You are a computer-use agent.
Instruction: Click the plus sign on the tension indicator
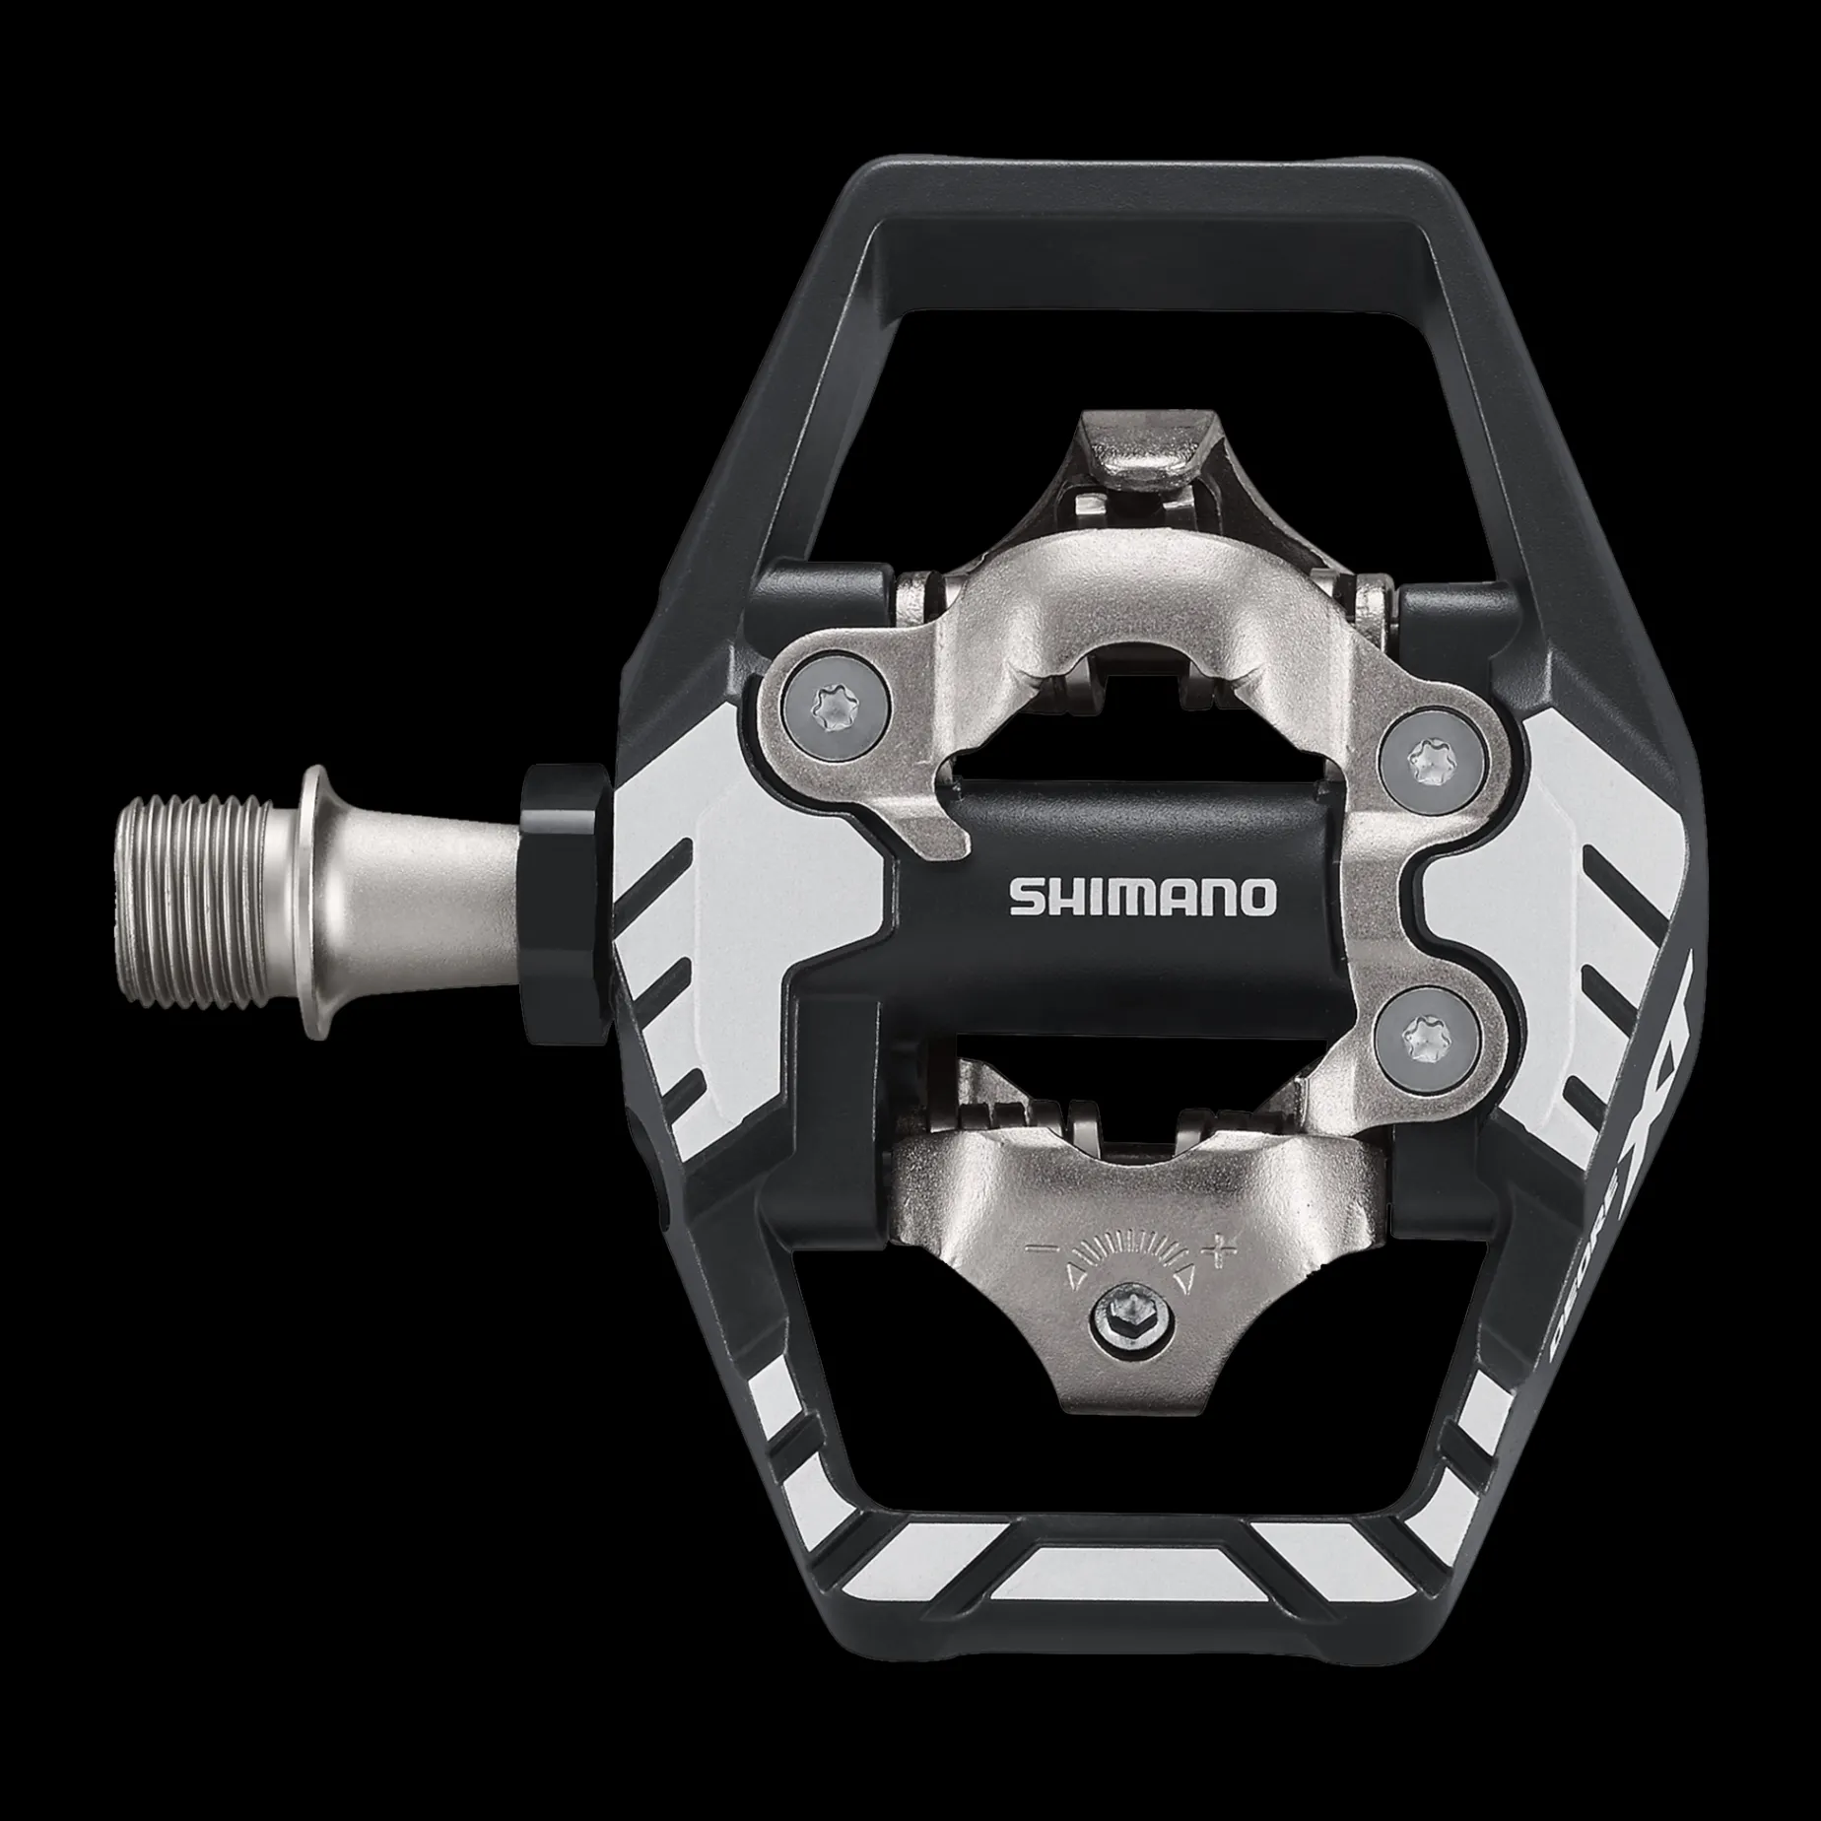tap(1224, 1250)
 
